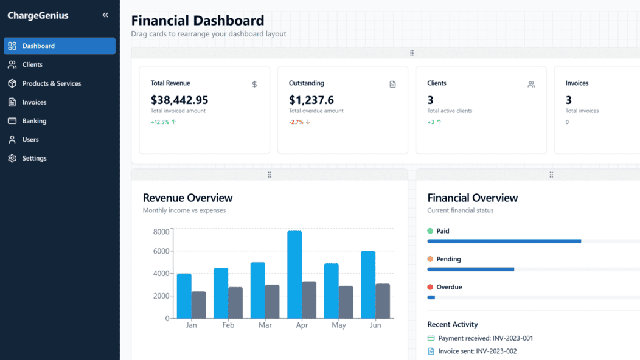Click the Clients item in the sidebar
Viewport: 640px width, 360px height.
pos(32,64)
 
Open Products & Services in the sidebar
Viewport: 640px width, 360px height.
pos(51,83)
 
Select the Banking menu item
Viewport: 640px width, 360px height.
pos(34,121)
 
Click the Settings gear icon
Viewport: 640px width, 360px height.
pos(12,158)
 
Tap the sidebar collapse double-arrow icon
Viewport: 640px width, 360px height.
pos(105,15)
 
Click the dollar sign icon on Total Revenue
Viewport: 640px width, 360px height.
pos(254,85)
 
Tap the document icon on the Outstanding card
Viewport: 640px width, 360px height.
pos(392,85)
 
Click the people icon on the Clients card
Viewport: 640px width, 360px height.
pos(531,85)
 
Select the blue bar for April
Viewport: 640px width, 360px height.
pos(294,274)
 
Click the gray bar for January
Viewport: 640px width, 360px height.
pos(198,305)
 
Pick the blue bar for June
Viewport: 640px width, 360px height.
pos(368,285)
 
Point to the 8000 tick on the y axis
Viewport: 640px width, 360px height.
pos(161,232)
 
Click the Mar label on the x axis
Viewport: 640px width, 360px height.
pos(265,325)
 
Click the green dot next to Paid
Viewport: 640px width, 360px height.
pos(430,231)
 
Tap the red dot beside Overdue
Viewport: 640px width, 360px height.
pos(430,287)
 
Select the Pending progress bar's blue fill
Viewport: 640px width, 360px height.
pos(470,269)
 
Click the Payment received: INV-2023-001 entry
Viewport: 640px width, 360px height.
pos(485,338)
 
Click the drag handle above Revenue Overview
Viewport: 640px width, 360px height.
pos(270,175)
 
